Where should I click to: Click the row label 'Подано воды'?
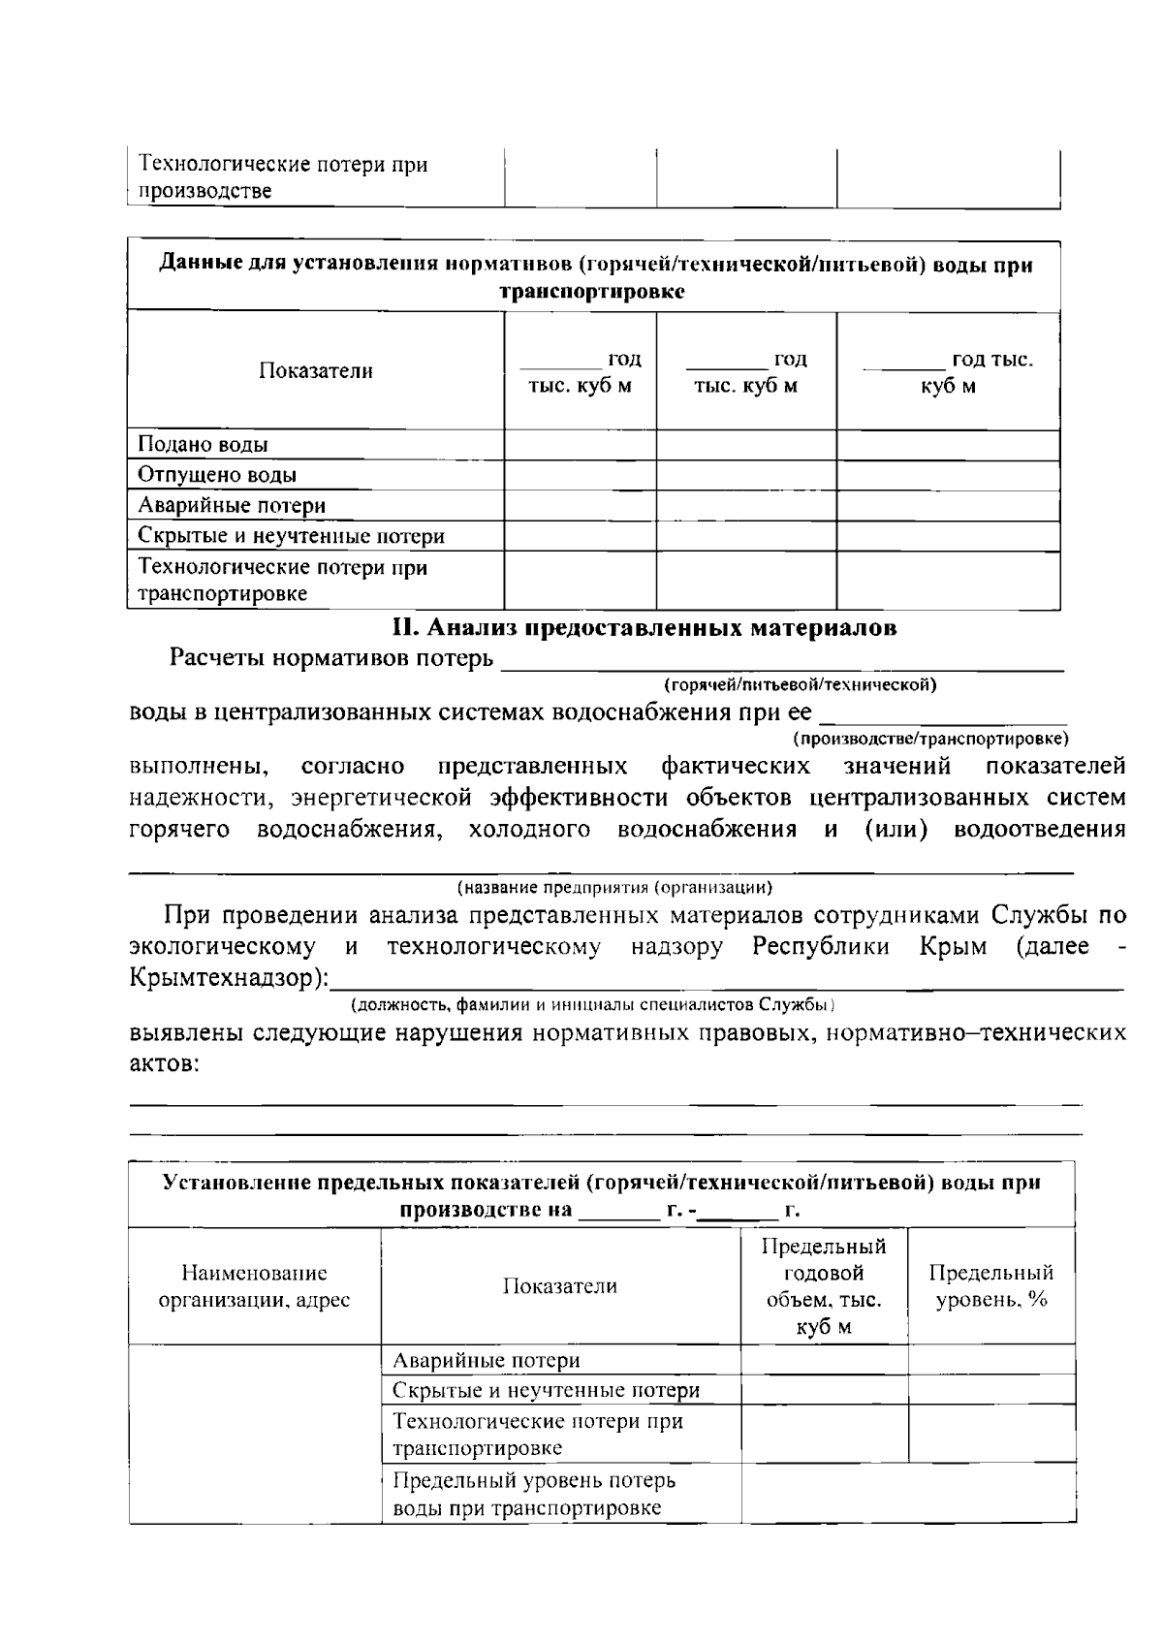[x=203, y=445]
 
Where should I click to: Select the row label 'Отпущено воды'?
[x=217, y=475]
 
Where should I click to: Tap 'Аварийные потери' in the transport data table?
[x=232, y=505]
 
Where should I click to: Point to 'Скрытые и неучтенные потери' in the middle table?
[x=291, y=536]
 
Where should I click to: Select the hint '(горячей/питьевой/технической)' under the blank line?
[x=800, y=685]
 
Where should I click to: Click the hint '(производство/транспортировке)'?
[x=930, y=740]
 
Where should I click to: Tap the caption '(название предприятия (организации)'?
[x=614, y=887]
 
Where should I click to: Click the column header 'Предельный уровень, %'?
[x=990, y=1285]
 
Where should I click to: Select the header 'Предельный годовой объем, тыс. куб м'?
[x=824, y=1285]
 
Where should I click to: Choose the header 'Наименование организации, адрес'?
[x=254, y=1285]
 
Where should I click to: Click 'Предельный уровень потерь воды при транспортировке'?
[x=534, y=1494]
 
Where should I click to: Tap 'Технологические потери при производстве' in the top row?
[x=282, y=177]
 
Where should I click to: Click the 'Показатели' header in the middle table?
[x=315, y=371]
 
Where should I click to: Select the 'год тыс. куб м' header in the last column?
[x=948, y=372]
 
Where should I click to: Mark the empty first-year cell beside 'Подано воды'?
[x=580, y=445]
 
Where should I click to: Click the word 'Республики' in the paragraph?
[x=821, y=947]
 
